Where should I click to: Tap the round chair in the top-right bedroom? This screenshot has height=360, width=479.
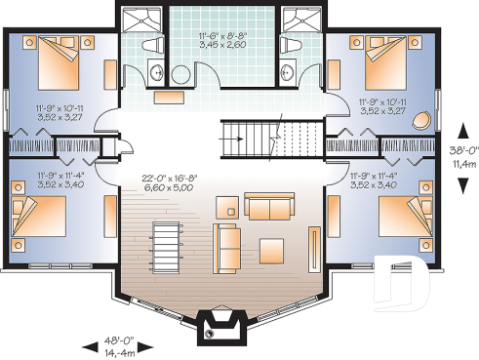click(421, 121)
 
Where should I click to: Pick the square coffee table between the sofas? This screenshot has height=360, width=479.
click(229, 208)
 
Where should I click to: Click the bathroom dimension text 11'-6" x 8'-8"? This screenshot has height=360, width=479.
click(221, 36)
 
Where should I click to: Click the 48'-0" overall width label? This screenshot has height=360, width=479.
click(122, 342)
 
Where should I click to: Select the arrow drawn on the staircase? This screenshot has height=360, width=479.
click(234, 138)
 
